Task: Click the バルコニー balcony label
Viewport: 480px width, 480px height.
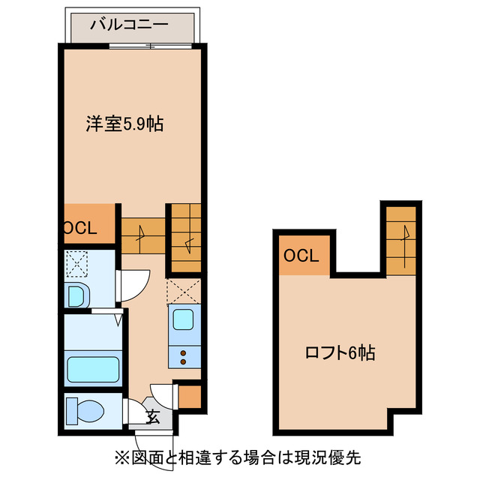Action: click(129, 24)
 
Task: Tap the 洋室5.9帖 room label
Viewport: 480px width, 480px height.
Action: click(124, 124)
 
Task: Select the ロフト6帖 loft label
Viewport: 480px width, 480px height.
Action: click(340, 352)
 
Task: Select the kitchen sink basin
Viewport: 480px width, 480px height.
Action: click(183, 319)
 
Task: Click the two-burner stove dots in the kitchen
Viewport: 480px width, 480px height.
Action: click(182, 355)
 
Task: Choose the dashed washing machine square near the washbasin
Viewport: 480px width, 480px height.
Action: click(77, 263)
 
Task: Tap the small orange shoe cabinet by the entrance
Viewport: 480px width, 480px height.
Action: click(190, 396)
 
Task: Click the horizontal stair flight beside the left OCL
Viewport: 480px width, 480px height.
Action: click(142, 235)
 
